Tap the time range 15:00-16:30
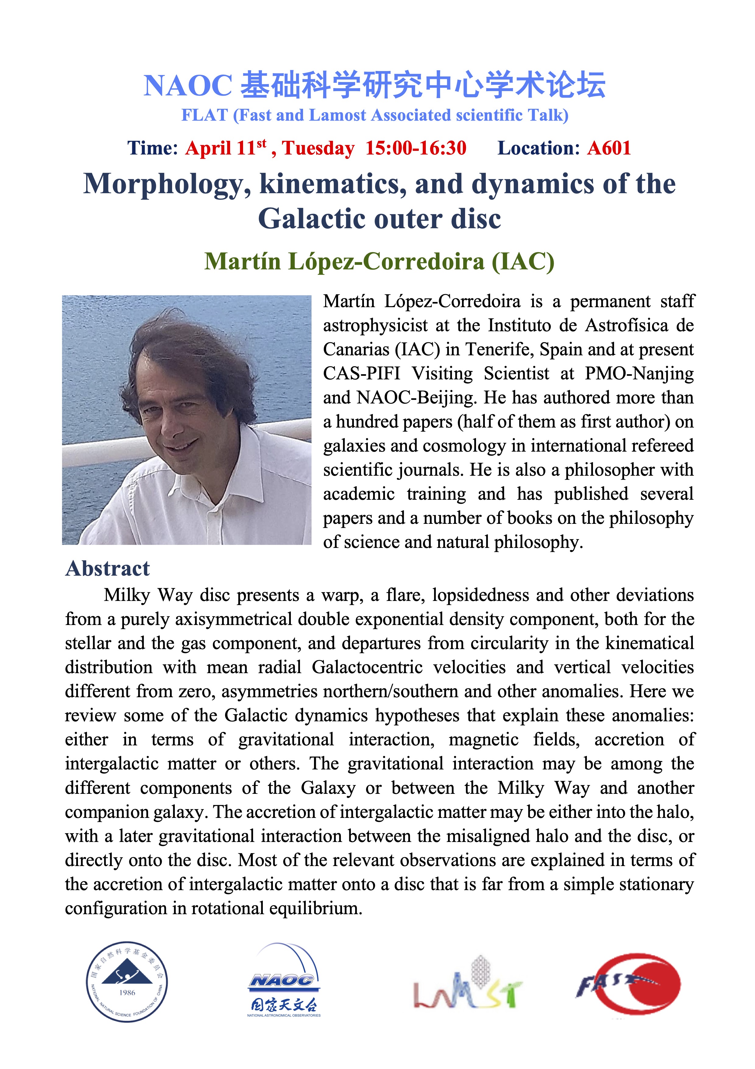tap(415, 148)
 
